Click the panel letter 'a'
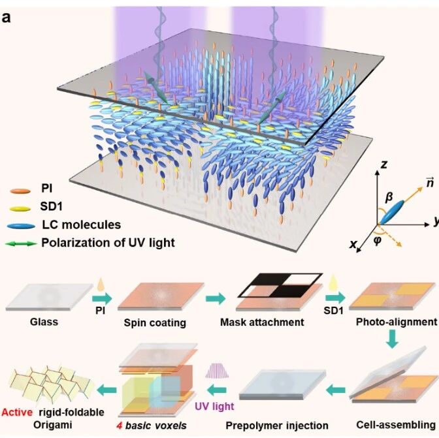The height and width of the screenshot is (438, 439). click(6, 18)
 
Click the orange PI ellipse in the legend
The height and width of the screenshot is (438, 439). click(20, 191)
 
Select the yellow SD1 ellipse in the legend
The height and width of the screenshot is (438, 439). click(20, 209)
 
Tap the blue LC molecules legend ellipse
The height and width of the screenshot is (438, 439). click(22, 227)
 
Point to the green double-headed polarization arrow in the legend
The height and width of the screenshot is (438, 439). click(21, 243)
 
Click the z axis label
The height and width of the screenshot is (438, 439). click(384, 164)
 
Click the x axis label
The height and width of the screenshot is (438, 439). click(353, 244)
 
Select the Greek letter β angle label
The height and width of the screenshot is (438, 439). click(389, 198)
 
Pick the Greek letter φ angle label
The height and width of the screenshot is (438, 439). click(377, 240)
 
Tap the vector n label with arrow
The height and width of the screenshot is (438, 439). click(430, 183)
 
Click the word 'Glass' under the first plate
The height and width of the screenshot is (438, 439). click(44, 322)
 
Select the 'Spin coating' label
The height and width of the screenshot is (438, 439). click(155, 322)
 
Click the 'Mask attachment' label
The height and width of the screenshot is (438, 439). click(262, 322)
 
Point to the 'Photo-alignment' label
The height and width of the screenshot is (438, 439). click(396, 322)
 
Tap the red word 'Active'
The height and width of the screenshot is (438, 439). click(17, 413)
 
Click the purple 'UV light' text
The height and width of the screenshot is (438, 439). click(214, 406)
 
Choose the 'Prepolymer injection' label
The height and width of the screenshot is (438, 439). click(277, 426)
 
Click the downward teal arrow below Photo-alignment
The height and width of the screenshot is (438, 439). click(392, 339)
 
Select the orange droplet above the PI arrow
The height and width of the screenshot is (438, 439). click(101, 285)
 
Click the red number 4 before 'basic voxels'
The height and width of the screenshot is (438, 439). click(120, 426)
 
